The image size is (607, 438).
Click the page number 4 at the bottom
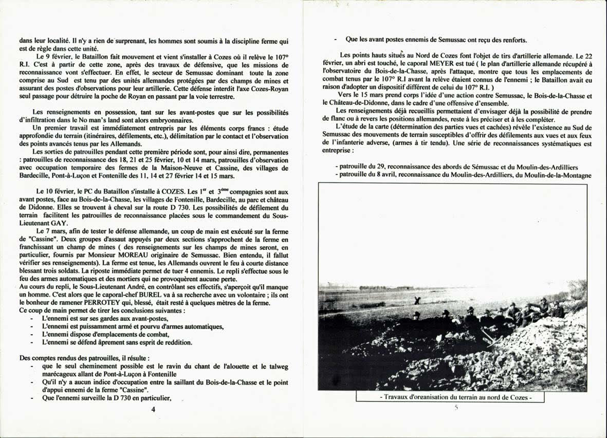coord(153,409)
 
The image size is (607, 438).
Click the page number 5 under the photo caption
coord(455,408)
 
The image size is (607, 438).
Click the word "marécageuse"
coord(64,375)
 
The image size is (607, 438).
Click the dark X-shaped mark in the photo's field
coord(417,300)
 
